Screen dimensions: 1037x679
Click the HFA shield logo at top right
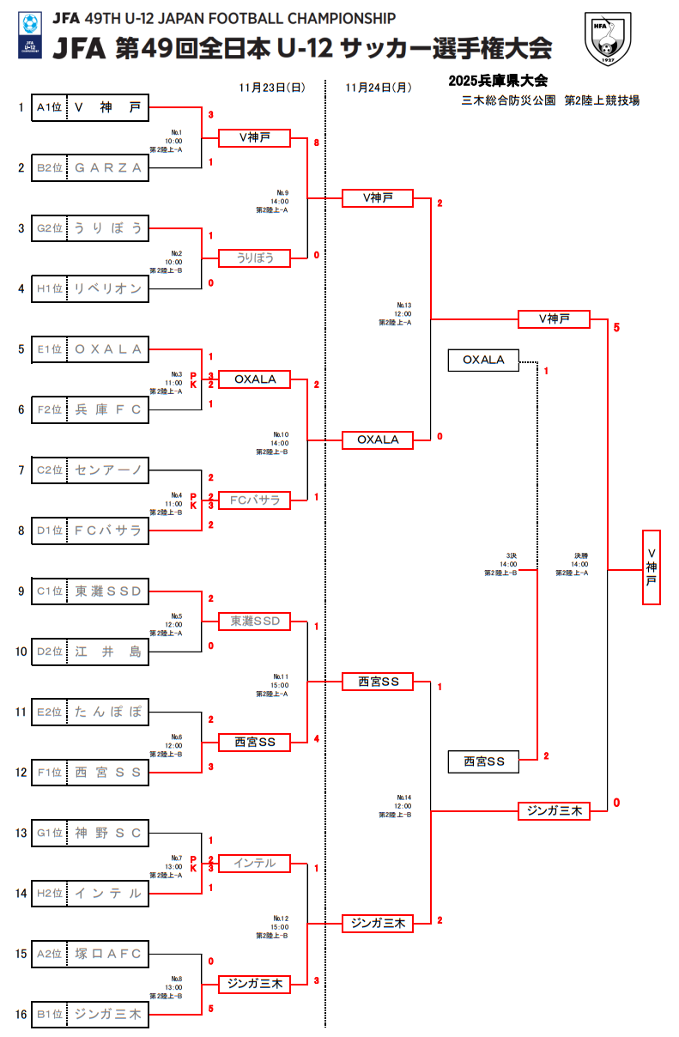pyautogui.click(x=612, y=38)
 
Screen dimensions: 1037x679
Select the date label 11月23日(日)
pyautogui.click(x=272, y=87)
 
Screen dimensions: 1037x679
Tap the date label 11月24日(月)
pyautogui.click(x=378, y=87)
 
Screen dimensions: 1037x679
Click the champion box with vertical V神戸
pyautogui.click(x=652, y=567)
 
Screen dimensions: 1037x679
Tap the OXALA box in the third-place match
pyautogui.click(x=483, y=360)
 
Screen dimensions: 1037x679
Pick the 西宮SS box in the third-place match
pyautogui.click(x=483, y=761)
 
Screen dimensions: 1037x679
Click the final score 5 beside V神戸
pyautogui.click(x=616, y=327)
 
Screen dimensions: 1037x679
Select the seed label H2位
pyautogui.click(x=49, y=894)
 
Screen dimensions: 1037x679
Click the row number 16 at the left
pyautogui.click(x=20, y=1014)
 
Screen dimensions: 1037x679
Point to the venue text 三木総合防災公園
pyautogui.click(x=510, y=100)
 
